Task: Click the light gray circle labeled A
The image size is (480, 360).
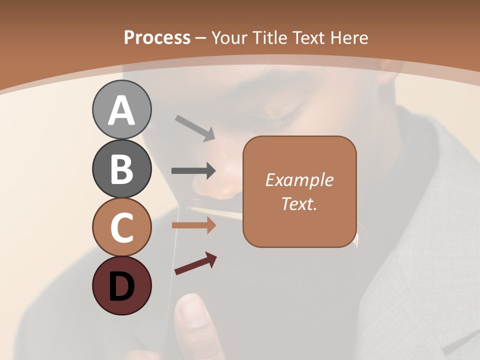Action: (121, 109)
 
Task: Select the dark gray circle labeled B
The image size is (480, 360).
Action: (121, 168)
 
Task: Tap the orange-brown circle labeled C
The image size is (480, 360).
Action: (121, 227)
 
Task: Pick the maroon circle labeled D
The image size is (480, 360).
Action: (121, 286)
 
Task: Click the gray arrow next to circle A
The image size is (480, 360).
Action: (195, 127)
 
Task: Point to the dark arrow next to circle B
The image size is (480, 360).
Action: (193, 170)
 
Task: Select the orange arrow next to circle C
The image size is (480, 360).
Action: (193, 225)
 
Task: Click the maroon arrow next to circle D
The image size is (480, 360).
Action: (195, 264)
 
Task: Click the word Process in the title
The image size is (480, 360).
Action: (157, 38)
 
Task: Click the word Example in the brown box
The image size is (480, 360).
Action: (299, 180)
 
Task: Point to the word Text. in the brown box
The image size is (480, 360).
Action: (299, 203)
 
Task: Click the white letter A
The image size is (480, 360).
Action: (121, 110)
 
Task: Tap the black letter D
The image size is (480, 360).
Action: (121, 286)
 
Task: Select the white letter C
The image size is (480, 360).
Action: (121, 228)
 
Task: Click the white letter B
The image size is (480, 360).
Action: (121, 169)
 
